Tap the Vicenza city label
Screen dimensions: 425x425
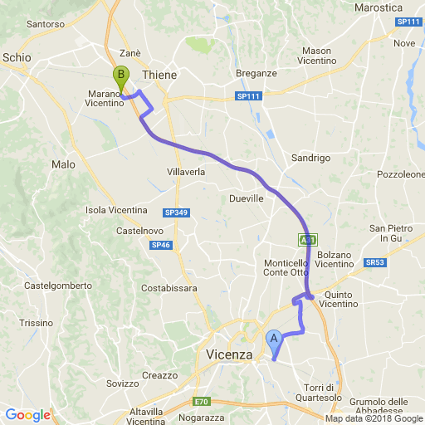pos(228,354)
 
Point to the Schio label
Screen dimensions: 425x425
pos(17,57)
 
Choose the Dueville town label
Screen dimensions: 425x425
pos(246,199)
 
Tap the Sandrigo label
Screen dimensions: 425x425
pos(311,158)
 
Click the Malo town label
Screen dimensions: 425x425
pos(63,164)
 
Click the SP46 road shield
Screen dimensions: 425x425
pos(161,245)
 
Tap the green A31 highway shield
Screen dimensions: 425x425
pos(308,240)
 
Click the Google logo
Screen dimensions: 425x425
pos(27,415)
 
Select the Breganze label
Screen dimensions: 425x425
pos(256,73)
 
